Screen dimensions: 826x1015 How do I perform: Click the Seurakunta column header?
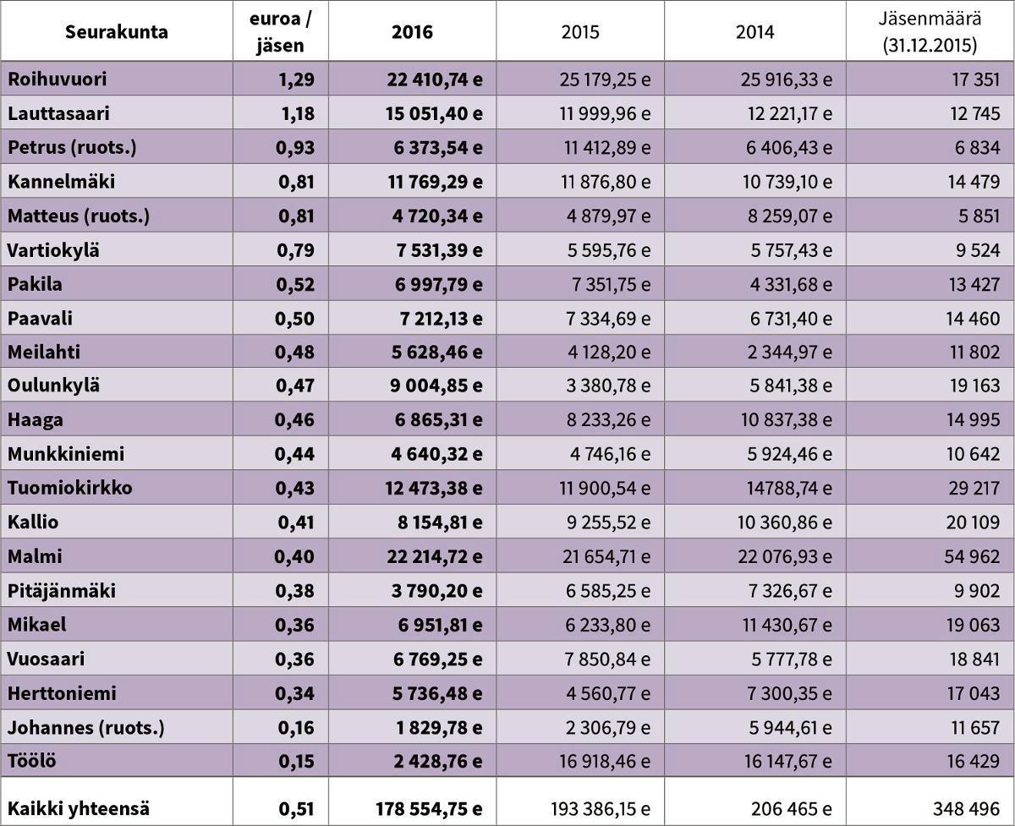coord(117,32)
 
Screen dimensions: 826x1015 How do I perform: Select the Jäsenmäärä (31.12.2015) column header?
coord(929,32)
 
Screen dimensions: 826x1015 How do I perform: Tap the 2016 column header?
coord(412,32)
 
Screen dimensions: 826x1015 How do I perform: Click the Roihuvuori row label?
coord(58,79)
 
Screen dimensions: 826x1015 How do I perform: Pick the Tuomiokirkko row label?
coord(70,488)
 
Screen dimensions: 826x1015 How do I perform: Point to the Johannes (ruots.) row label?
coord(86,727)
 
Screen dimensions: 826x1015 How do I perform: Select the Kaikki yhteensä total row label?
coord(80,808)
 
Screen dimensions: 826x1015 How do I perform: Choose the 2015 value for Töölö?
coord(605,761)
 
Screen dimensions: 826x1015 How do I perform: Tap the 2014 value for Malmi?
coord(785,556)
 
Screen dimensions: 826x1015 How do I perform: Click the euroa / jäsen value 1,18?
coord(296,113)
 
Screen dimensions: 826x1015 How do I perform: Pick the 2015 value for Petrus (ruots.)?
coord(607,148)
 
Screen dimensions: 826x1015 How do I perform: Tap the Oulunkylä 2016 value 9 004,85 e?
coord(431,386)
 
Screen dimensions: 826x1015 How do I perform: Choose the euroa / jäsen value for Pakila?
coord(296,284)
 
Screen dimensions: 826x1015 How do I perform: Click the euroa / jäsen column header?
coord(280,32)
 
